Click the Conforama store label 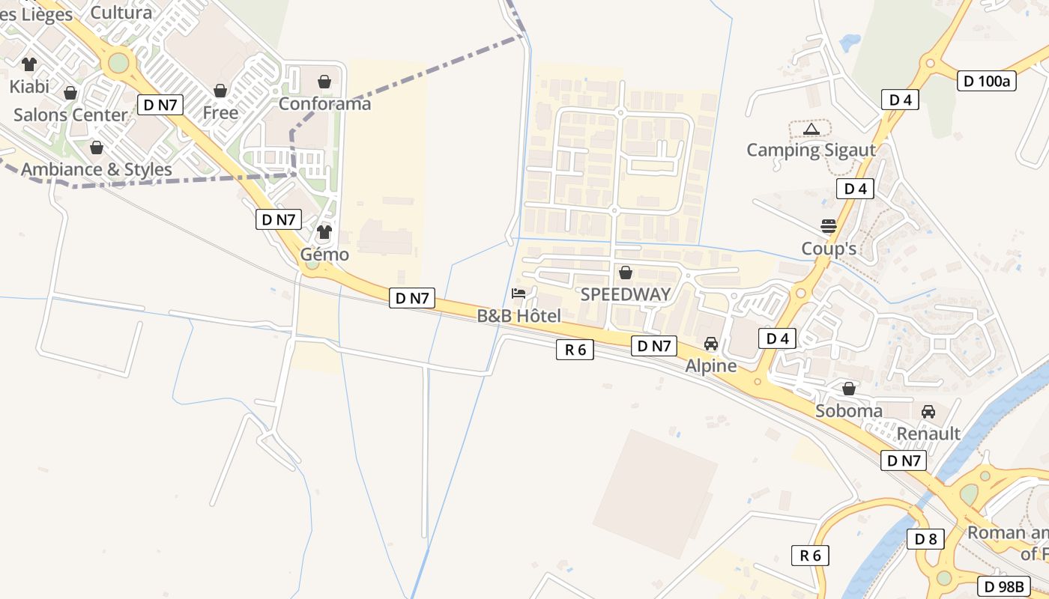(x=324, y=104)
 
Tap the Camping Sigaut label (x=811, y=150)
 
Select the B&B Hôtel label (x=519, y=316)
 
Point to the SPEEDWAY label (x=626, y=294)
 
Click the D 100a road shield (x=987, y=82)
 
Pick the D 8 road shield (x=925, y=539)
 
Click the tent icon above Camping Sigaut (x=811, y=130)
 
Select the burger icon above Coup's (x=828, y=226)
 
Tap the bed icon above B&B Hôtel (x=519, y=293)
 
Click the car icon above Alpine (x=710, y=344)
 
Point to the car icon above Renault (x=928, y=411)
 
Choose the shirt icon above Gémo (x=324, y=232)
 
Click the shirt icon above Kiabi (x=29, y=64)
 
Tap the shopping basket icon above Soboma (x=849, y=389)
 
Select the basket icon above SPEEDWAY (x=626, y=273)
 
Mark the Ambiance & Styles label (x=96, y=169)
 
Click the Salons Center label (x=70, y=115)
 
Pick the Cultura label (x=121, y=12)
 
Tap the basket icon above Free (x=220, y=91)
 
